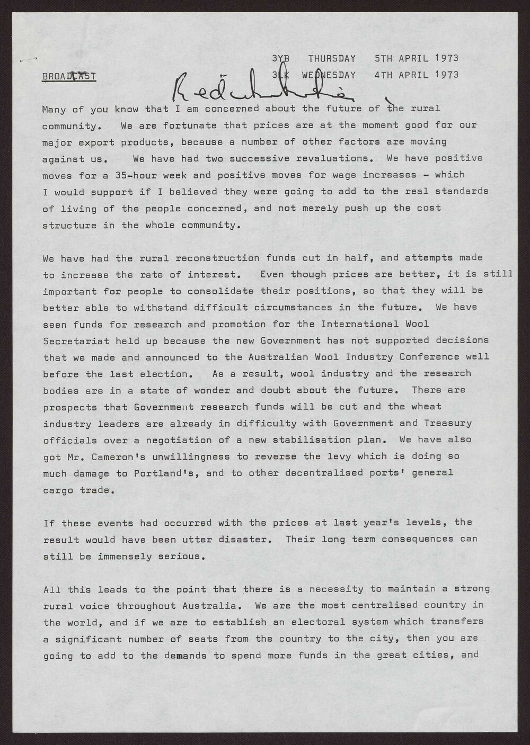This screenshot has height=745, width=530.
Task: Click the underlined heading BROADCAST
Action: [69, 76]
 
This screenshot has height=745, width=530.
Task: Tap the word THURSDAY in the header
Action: [332, 58]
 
